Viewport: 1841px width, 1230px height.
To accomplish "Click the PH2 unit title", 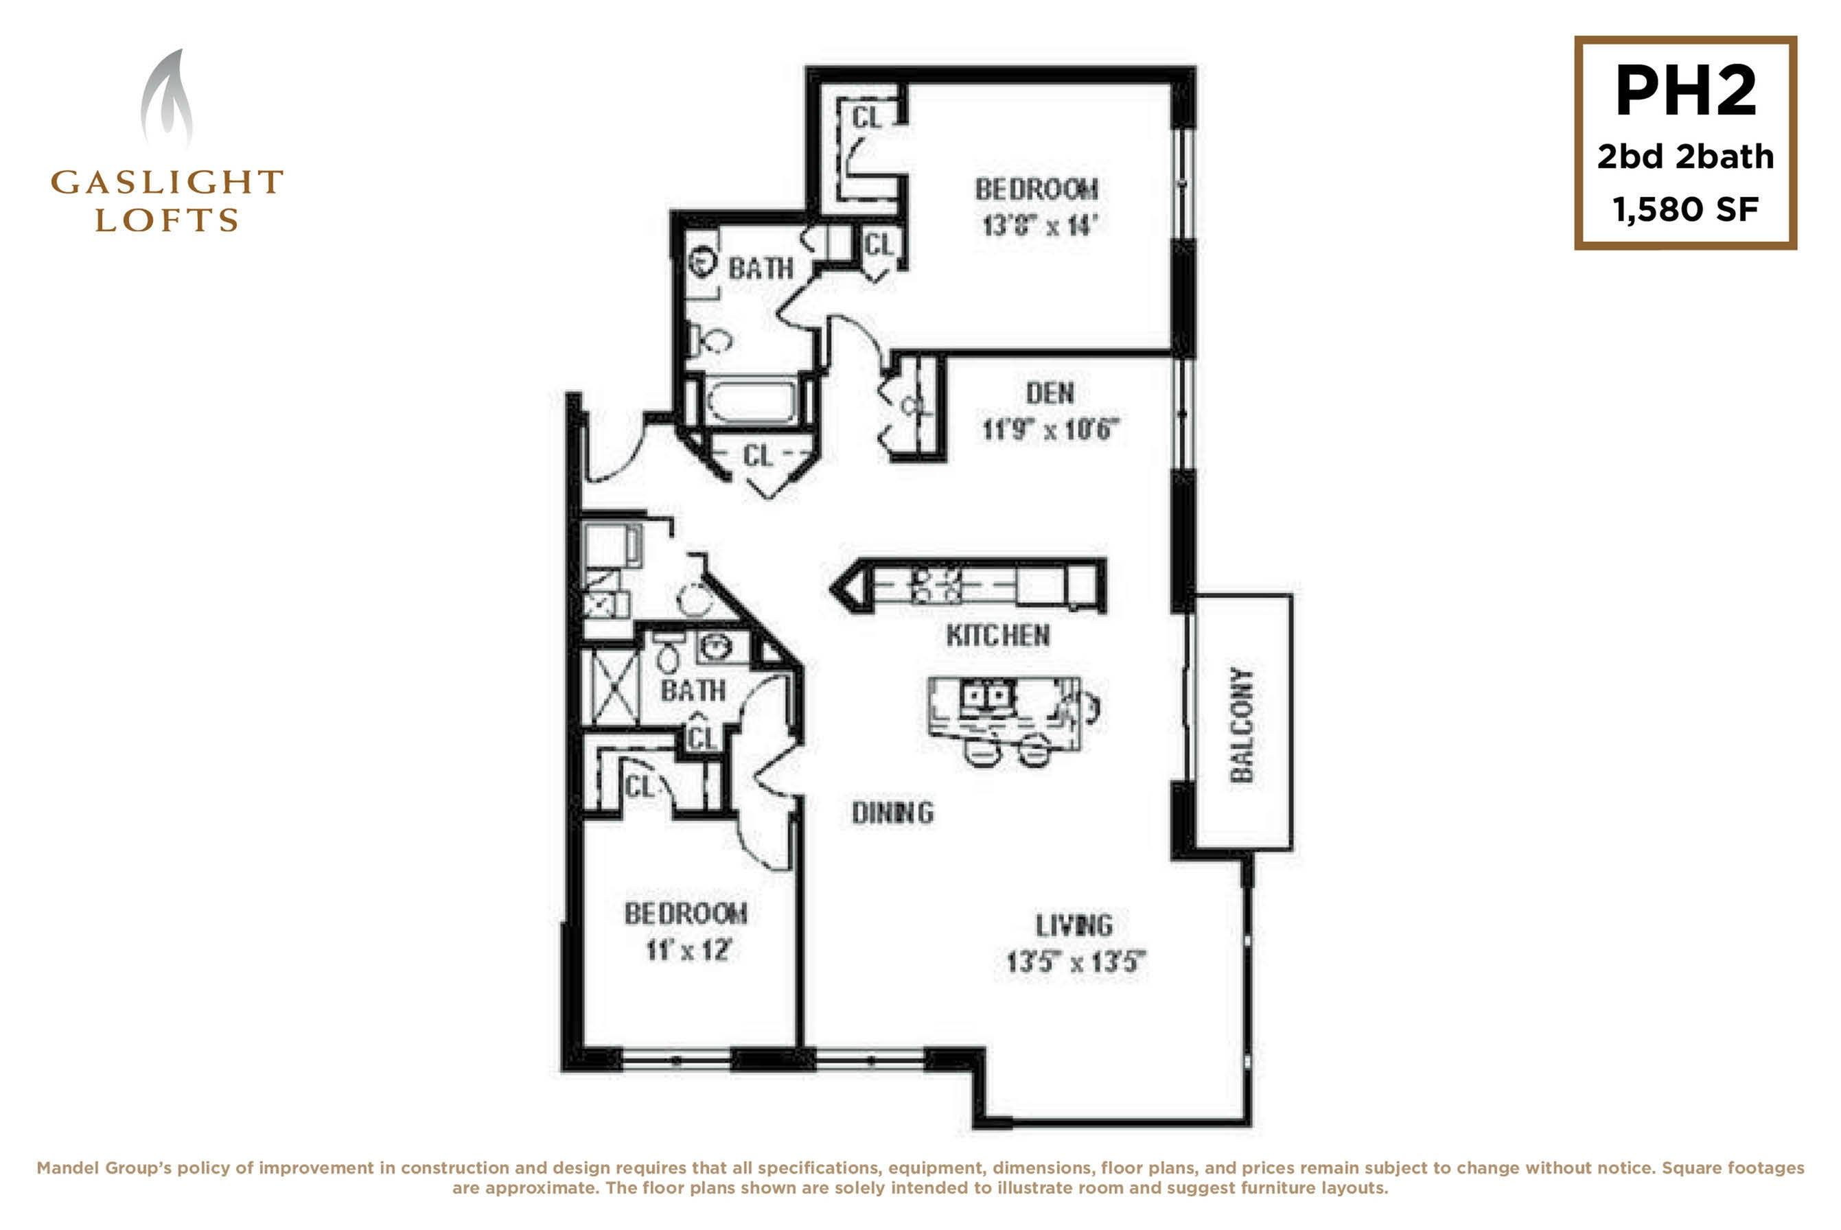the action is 1685,92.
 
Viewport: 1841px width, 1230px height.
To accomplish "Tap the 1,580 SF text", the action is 1685,209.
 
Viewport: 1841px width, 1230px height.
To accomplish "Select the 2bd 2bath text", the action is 1685,157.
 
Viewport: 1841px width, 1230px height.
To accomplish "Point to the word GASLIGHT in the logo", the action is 166,182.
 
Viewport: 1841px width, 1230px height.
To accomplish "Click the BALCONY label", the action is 1242,725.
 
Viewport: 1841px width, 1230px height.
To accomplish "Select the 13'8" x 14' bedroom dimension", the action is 1037,226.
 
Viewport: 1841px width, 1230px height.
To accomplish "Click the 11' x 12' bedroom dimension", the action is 688,950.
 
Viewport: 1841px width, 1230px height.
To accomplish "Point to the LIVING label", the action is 1074,926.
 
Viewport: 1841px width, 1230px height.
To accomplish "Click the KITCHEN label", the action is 998,636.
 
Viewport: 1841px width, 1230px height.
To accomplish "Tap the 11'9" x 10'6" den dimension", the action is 1051,429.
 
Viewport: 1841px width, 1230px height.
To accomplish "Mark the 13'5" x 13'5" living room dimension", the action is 1076,962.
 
